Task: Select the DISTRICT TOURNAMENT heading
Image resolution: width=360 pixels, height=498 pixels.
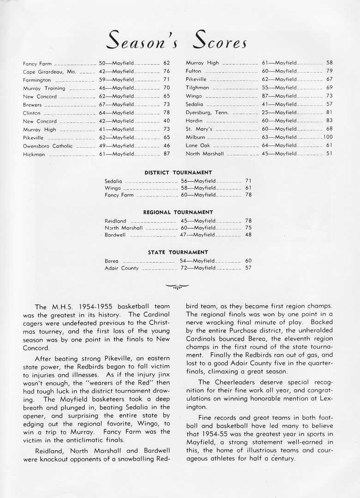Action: (x=178, y=172)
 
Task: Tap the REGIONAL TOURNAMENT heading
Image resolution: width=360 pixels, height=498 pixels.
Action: (x=178, y=213)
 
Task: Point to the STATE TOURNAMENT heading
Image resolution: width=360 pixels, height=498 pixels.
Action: (x=178, y=253)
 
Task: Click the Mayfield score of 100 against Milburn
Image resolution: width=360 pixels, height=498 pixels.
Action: (x=328, y=137)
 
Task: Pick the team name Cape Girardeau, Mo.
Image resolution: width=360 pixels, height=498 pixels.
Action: (x=49, y=71)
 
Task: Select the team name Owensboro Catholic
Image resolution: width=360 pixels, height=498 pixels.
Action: (x=48, y=146)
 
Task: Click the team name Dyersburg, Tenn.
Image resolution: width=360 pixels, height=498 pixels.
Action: (x=207, y=113)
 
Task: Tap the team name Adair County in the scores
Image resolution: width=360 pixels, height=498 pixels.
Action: (x=121, y=268)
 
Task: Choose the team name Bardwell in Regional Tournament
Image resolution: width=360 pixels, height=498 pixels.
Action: (x=115, y=235)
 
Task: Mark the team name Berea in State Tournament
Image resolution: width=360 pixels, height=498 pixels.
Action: (x=112, y=261)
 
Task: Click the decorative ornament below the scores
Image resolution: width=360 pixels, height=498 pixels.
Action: (x=178, y=286)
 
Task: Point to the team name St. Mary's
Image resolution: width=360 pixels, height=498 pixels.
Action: (x=198, y=129)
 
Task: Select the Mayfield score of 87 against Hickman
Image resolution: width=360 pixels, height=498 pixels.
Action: (x=167, y=154)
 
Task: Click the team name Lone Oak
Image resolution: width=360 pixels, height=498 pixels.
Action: (x=198, y=146)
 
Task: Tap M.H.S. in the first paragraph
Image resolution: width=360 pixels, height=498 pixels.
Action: (x=63, y=307)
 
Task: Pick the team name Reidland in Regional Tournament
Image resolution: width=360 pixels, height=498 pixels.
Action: (x=115, y=221)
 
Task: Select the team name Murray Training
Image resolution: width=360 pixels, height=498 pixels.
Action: (x=44, y=88)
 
